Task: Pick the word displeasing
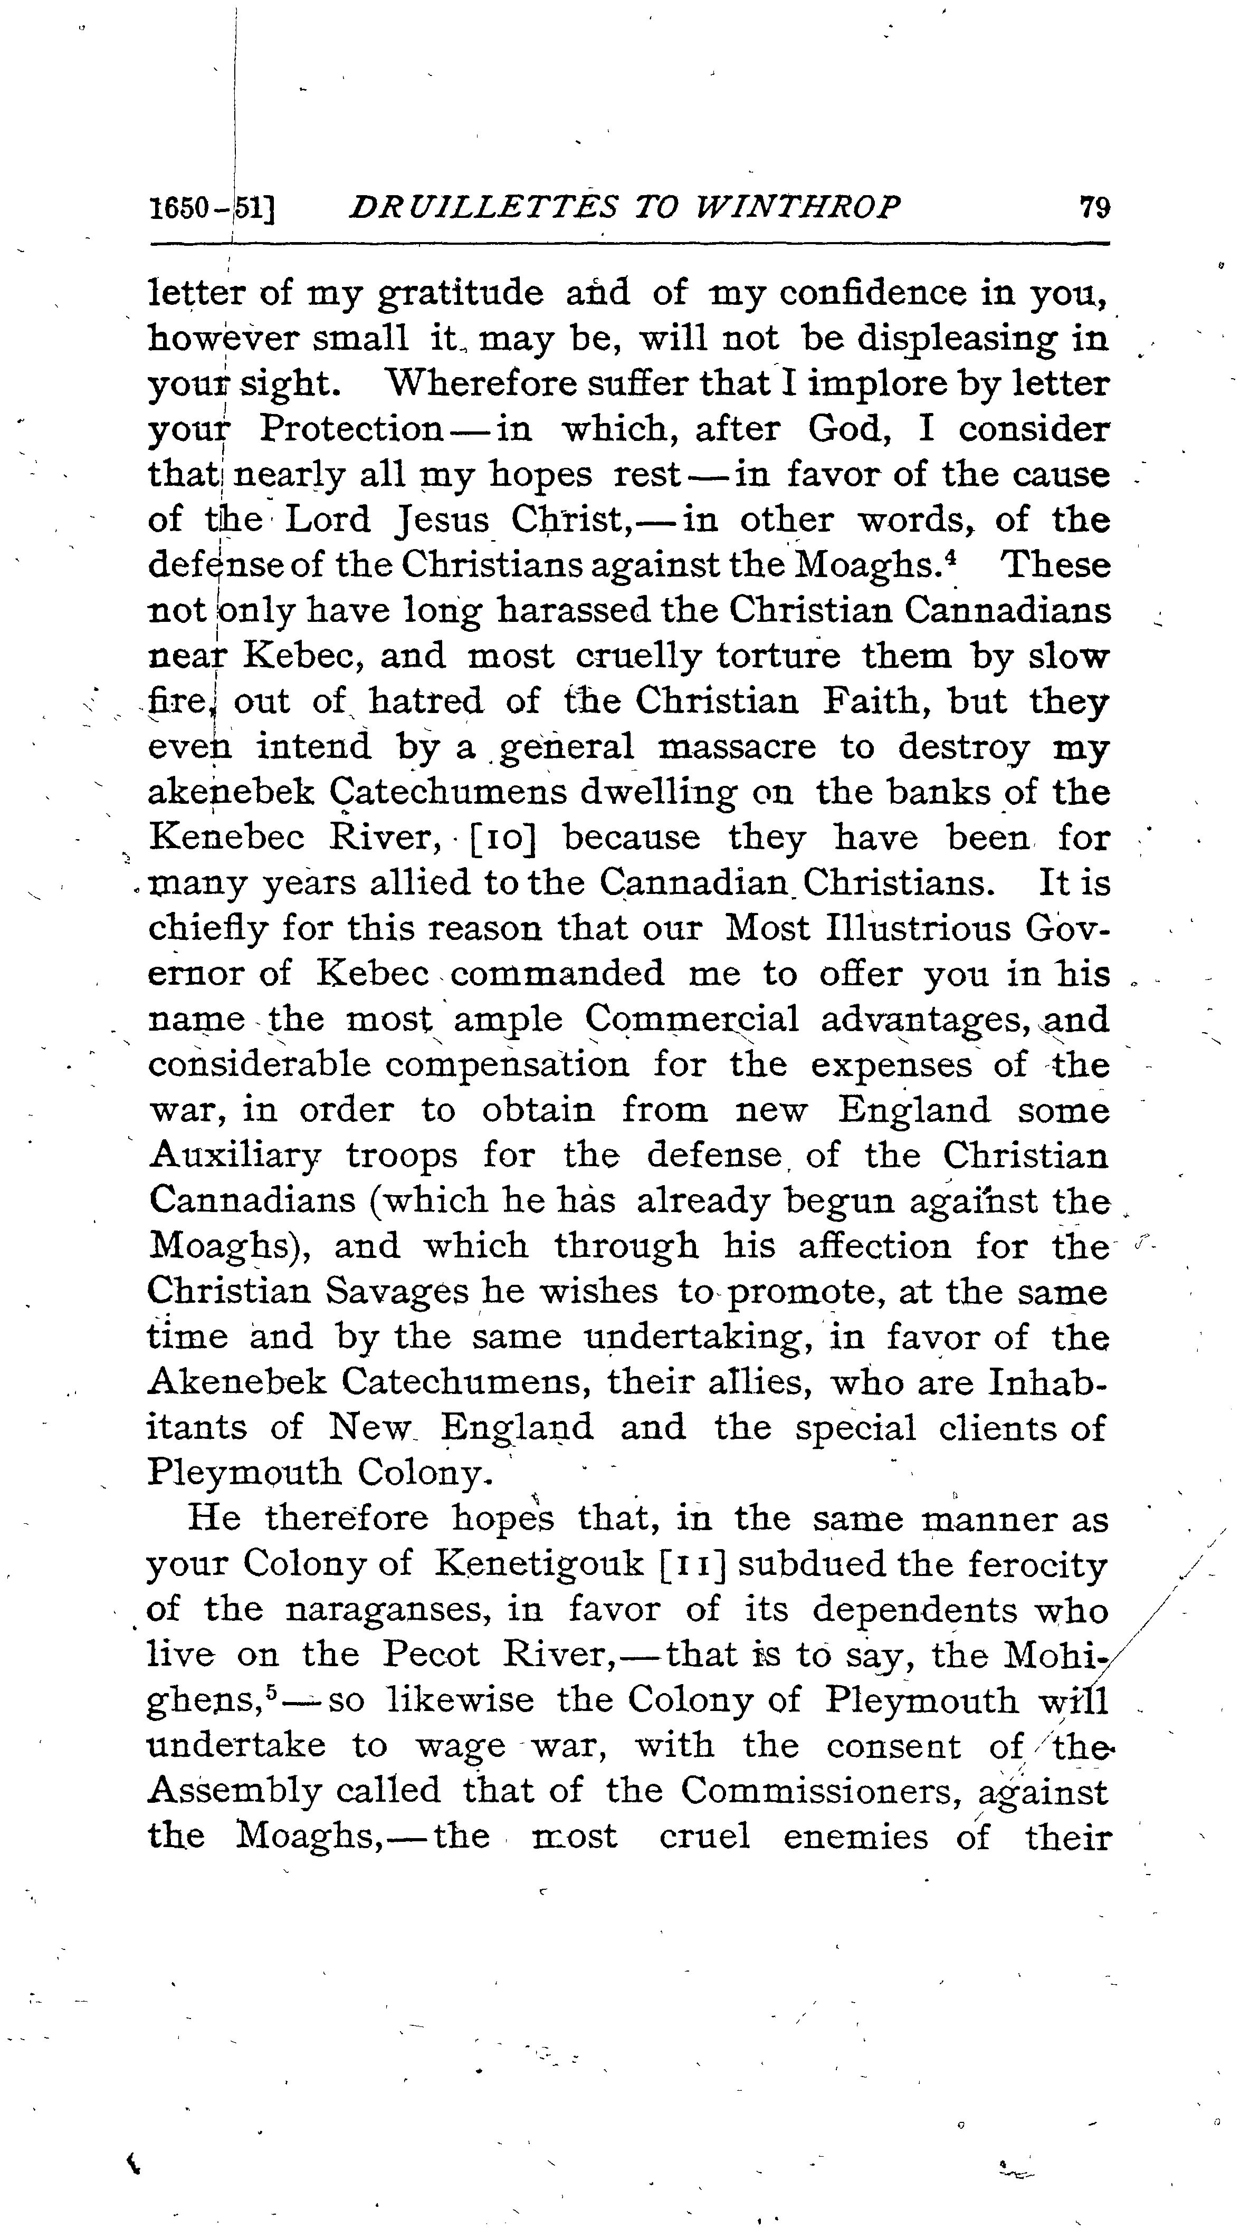click(957, 339)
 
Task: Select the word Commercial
click(692, 1019)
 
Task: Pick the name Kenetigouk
click(539, 1563)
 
